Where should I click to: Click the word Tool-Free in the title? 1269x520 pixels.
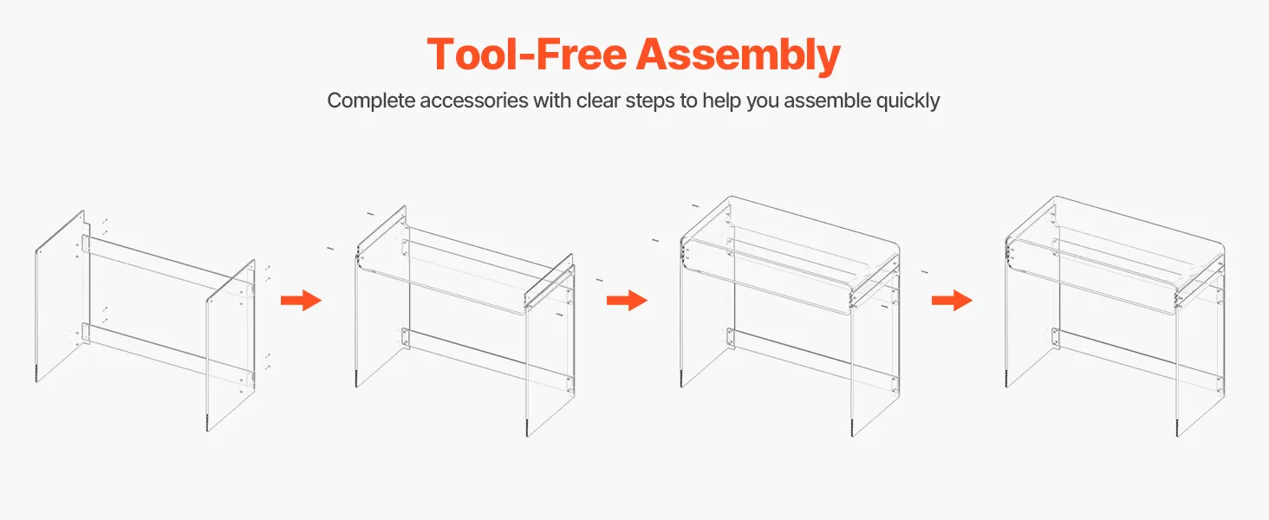click(x=527, y=55)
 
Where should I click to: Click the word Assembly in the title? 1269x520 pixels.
click(x=739, y=56)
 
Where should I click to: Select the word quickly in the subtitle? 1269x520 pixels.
click(x=908, y=101)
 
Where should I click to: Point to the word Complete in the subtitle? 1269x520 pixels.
click(x=371, y=101)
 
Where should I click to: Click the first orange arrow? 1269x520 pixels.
click(x=301, y=300)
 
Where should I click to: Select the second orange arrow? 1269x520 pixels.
click(x=627, y=300)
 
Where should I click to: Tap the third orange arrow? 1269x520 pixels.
click(x=952, y=300)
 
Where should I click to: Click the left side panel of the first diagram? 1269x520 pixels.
click(x=60, y=296)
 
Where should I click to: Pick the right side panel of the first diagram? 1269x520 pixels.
click(x=231, y=346)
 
